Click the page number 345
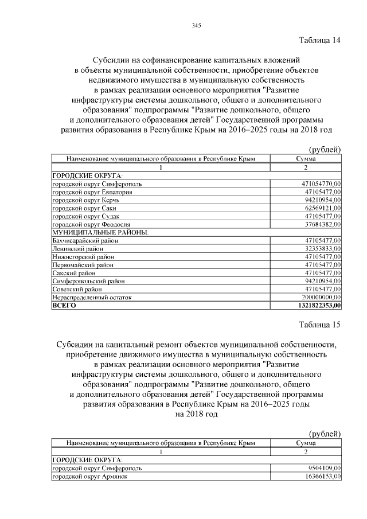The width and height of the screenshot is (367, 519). [196, 25]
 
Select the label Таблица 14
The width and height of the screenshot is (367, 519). [320, 40]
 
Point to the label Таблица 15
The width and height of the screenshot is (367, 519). [320, 325]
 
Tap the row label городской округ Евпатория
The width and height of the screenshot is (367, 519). [92, 192]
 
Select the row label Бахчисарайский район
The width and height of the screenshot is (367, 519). [85, 240]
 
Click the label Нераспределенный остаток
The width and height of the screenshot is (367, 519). [92, 298]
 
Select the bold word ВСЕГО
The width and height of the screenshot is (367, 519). [64, 306]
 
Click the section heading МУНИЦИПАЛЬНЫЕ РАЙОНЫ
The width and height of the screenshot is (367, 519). [100, 232]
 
